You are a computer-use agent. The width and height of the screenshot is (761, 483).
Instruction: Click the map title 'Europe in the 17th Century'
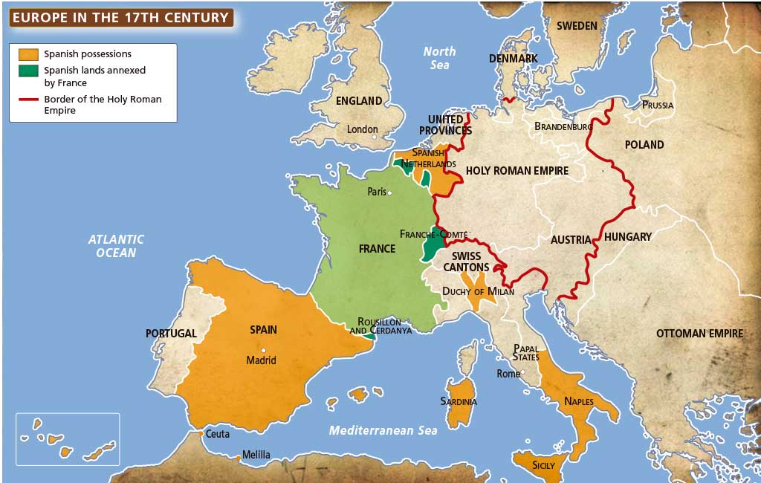coord(120,17)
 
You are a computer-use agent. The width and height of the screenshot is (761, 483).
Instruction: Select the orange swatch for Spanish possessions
coord(28,54)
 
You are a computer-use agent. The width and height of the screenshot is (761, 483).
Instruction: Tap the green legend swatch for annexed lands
coord(28,71)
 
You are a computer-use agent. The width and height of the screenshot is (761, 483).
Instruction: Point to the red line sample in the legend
coord(28,100)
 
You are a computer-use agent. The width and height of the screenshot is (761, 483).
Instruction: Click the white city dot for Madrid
coord(263,350)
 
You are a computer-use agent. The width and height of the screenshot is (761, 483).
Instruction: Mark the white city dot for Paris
coord(389,192)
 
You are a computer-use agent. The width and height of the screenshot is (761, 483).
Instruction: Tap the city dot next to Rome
coord(523,373)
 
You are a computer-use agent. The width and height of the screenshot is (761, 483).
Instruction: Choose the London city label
coord(363,129)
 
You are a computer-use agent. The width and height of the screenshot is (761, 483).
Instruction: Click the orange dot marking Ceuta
coord(200,433)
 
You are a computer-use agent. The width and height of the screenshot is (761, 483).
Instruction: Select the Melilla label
coord(256,455)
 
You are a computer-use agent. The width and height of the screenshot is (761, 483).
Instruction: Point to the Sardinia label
coord(458,402)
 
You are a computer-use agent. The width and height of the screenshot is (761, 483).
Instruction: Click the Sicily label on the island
coord(543,465)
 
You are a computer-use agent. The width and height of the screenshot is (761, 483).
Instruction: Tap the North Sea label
coord(439,58)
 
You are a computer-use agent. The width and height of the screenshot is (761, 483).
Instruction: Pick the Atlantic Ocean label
coord(116,246)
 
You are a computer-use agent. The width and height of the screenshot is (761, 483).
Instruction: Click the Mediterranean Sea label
coord(383,430)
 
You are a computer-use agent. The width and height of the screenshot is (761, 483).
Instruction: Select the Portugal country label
coord(171,334)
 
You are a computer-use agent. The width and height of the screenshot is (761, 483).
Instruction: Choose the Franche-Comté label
coord(434,233)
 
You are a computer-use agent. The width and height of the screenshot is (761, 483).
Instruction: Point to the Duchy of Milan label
coord(478,291)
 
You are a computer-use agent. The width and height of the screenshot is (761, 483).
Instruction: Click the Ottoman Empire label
coord(699,334)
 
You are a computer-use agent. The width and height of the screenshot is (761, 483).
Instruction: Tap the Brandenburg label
coord(563,127)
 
